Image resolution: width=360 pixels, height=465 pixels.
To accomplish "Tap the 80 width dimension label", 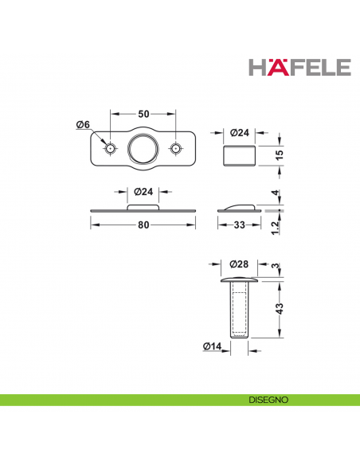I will [143, 225].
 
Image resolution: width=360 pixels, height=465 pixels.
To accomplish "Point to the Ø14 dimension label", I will [212, 346].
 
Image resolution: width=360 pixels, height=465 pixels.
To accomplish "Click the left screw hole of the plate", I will [111, 149].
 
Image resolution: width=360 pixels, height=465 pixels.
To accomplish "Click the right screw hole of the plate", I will [177, 149].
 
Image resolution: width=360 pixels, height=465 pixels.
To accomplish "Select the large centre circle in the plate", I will [143, 149].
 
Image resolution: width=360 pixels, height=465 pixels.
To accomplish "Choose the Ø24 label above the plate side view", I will [143, 192].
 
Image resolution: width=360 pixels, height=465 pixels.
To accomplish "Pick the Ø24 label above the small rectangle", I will [240, 132].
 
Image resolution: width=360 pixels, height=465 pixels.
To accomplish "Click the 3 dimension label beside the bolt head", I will [276, 266].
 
